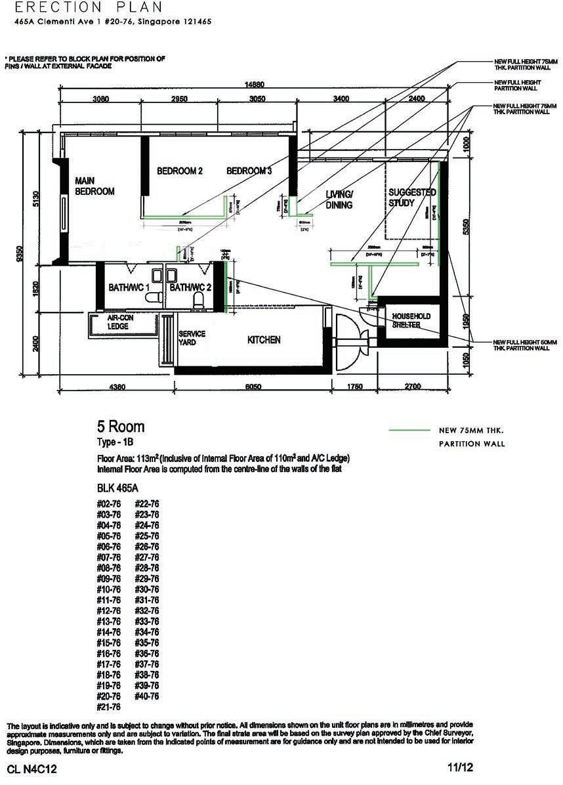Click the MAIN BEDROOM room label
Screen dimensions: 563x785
[x=94, y=186]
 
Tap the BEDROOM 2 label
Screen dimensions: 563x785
[x=179, y=171]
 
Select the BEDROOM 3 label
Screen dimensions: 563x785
[x=249, y=171]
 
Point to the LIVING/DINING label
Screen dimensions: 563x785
[x=339, y=200]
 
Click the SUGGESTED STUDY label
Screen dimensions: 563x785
[x=412, y=198]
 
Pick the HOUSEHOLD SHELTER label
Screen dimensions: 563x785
[x=411, y=320]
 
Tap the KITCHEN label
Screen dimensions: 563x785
[x=264, y=340]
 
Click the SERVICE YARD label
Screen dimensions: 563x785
[x=192, y=337]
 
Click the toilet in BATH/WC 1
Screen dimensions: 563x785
[x=153, y=297]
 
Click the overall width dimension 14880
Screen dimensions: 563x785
[x=255, y=85]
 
